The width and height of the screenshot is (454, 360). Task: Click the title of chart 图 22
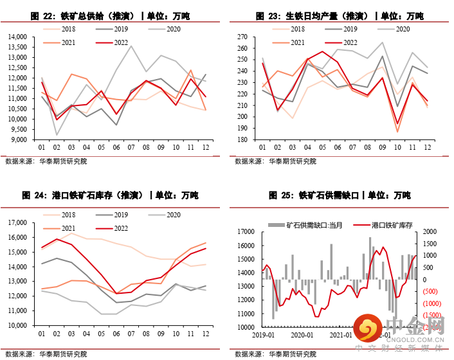pyautogui.click(x=113, y=15)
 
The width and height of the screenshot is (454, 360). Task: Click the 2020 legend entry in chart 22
pyautogui.click(x=174, y=29)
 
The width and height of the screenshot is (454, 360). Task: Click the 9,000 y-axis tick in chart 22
pyautogui.click(x=21, y=139)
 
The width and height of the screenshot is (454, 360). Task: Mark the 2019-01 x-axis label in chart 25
pyautogui.click(x=264, y=334)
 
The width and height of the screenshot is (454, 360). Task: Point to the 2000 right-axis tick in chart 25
pyautogui.click(x=431, y=231)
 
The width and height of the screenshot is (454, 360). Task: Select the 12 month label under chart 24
pyautogui.click(x=204, y=334)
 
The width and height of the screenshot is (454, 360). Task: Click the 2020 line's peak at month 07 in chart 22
pyautogui.click(x=131, y=46)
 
